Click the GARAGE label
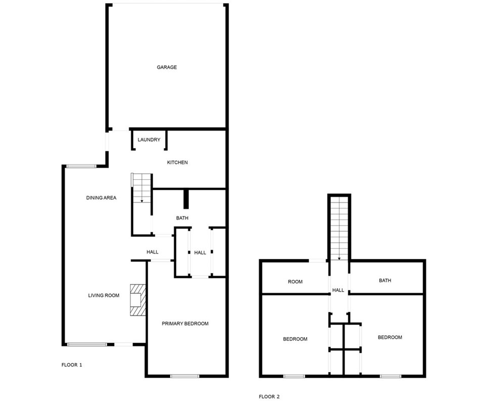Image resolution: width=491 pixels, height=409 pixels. tap(166, 67)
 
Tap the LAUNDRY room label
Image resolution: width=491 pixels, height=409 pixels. tap(149, 140)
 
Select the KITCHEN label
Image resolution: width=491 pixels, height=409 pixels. tap(177, 162)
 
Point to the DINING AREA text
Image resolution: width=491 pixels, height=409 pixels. tap(101, 198)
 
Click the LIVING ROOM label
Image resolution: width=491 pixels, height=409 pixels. tap(104, 296)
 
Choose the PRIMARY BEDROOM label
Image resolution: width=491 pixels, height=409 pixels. tap(185, 324)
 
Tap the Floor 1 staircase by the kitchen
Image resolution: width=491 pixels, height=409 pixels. tap(142, 188)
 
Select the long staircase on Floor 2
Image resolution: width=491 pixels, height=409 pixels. tap(339, 228)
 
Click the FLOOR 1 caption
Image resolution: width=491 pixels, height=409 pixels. tap(72, 365)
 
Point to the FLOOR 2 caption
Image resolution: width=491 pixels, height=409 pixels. tap(269, 397)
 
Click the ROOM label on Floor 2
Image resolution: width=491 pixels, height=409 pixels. tap(295, 282)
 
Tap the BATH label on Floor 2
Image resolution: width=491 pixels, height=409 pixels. tap(385, 280)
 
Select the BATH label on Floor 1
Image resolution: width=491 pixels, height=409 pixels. tap(182, 218)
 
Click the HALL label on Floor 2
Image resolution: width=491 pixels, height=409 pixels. tap(338, 291)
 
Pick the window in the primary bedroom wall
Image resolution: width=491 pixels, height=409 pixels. tap(185, 376)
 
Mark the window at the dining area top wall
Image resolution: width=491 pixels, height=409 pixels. tap(81, 166)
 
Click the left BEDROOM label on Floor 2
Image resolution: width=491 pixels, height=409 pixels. tap(295, 339)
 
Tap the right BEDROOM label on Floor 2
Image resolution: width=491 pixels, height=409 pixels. tap(390, 338)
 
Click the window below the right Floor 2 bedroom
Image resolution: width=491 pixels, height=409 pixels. tap(390, 376)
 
